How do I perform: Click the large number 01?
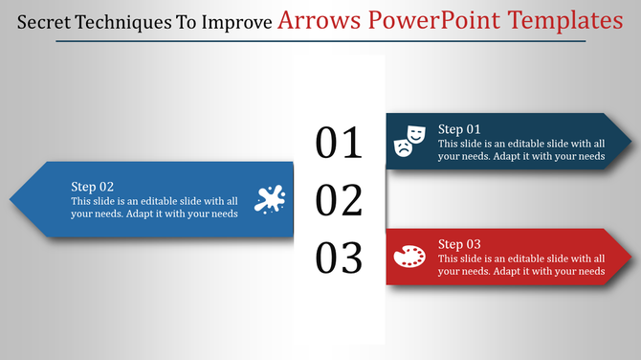340,143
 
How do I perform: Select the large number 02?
340,201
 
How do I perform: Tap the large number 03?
340,259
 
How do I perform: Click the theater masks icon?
409,140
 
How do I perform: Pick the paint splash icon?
270,199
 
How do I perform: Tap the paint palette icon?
409,257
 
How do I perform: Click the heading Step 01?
459,129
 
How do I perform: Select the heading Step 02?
93,187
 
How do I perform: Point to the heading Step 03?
459,244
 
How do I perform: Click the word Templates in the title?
564,21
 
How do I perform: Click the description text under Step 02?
154,208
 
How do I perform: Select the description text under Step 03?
521,265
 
